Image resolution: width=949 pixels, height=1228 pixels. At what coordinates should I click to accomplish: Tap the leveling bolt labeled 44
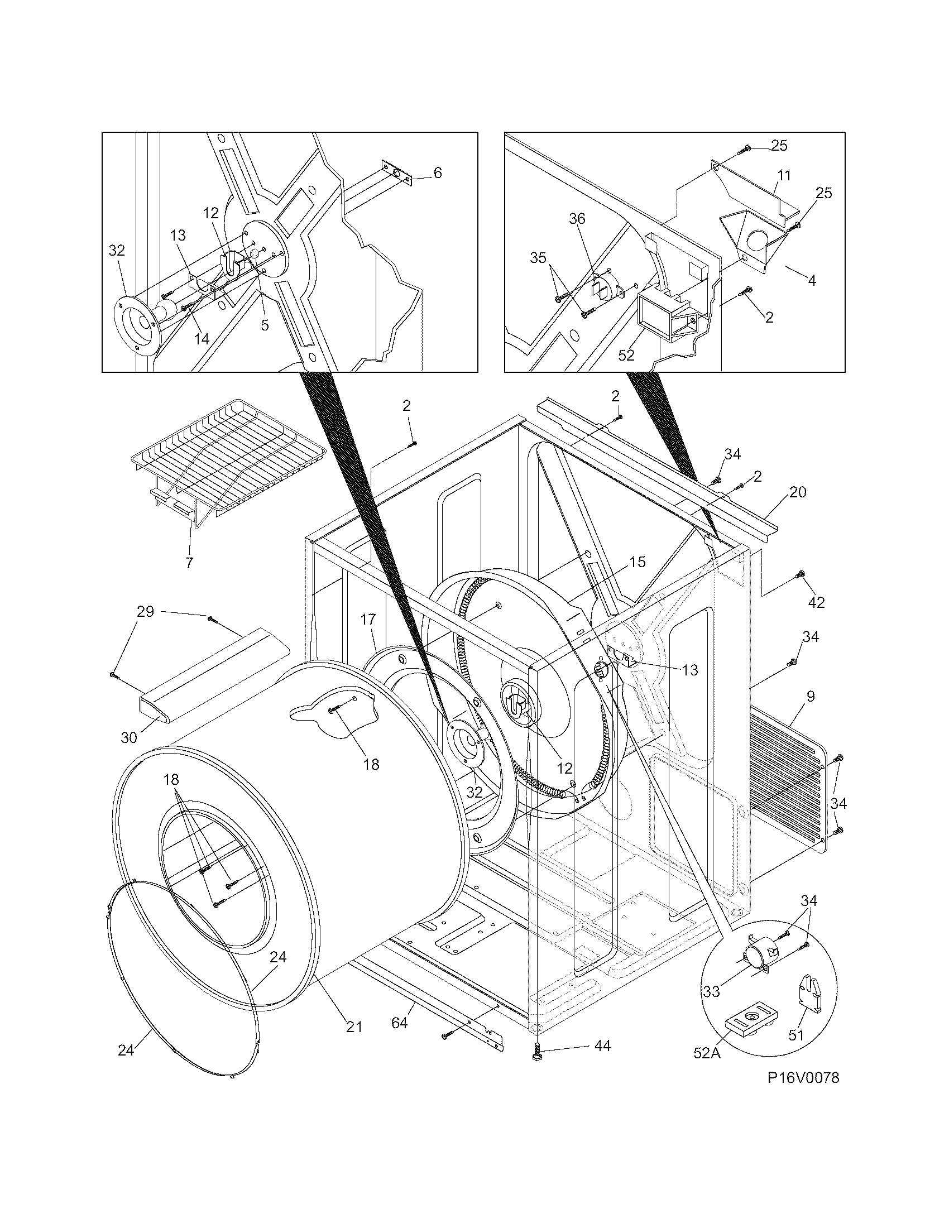coord(535,1049)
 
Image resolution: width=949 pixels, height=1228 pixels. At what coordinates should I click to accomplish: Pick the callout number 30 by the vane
coord(129,737)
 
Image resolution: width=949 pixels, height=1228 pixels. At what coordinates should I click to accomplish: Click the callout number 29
coord(145,611)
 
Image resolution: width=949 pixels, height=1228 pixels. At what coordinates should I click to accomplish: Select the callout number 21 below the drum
coord(353,1026)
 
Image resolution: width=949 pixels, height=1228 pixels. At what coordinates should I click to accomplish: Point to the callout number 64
coord(399,1023)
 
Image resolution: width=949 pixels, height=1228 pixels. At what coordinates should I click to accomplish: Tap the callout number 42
coord(816,602)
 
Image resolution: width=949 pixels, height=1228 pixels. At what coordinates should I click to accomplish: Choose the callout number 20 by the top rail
coord(797,492)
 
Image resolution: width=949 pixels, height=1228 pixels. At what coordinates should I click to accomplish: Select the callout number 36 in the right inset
coord(577,219)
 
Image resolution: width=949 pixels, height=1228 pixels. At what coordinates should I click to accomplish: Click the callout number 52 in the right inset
coord(626,355)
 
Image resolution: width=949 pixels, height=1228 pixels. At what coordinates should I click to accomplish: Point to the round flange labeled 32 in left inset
coord(137,320)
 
